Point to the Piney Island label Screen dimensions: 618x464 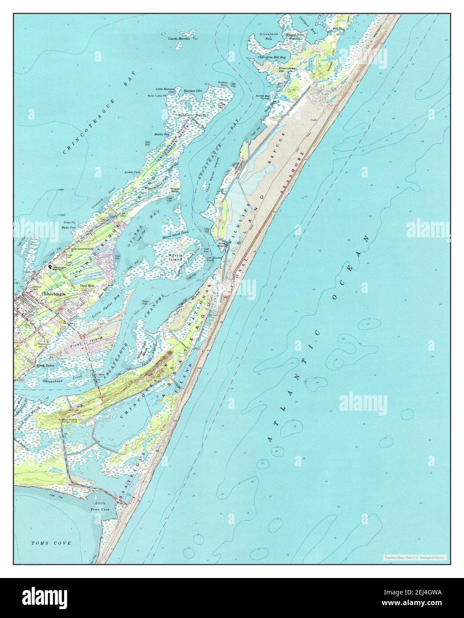[93, 339]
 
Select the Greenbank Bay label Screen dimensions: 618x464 [268, 36]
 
